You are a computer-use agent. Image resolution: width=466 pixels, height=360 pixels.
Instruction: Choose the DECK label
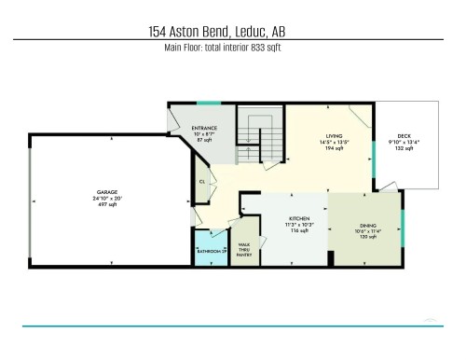(x=404, y=134)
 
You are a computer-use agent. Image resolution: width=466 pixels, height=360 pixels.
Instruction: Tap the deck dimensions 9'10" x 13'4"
(x=404, y=142)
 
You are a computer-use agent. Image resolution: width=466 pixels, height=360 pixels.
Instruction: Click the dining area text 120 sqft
(x=367, y=238)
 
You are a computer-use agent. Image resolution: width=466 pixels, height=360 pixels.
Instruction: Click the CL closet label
(x=202, y=182)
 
